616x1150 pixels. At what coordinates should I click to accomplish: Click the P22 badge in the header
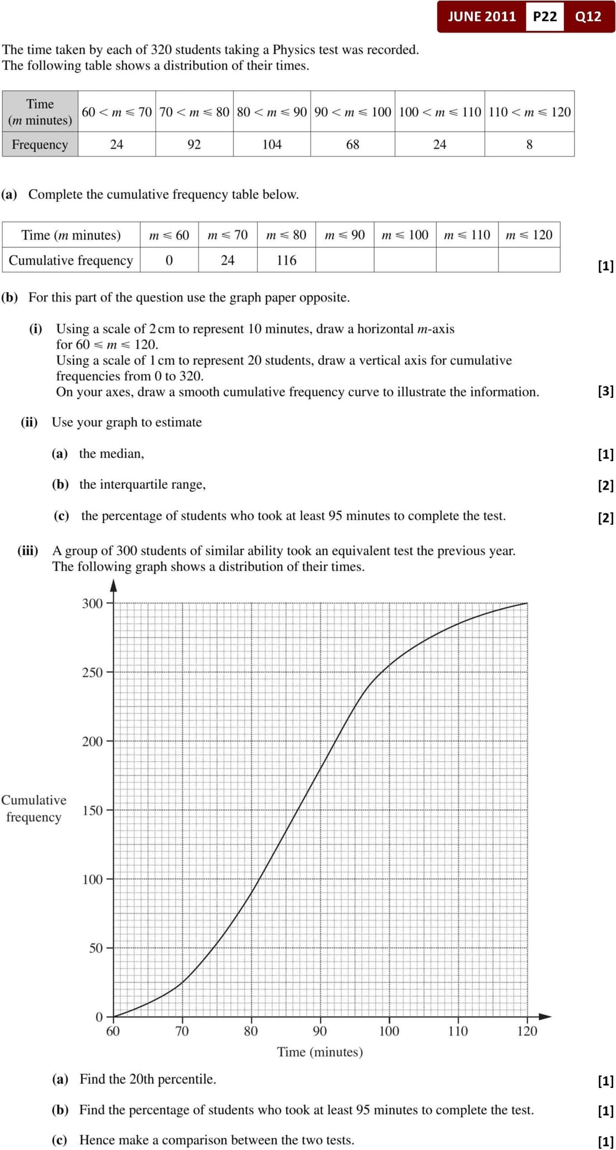coord(544,16)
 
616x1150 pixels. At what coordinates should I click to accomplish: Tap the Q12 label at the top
coord(588,16)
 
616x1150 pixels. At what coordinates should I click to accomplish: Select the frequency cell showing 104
coord(272,144)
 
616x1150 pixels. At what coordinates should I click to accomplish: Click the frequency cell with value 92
coord(194,144)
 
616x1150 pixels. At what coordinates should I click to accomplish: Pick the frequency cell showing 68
coord(352,144)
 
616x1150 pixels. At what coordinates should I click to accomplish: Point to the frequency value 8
coord(529,144)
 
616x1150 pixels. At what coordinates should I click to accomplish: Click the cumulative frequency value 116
coord(286,260)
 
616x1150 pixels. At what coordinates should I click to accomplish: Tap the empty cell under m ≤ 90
coord(344,260)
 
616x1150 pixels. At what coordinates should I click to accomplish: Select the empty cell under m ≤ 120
coord(529,260)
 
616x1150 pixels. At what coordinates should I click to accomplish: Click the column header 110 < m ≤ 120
coord(529,112)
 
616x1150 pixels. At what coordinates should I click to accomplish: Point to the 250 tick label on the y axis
coord(92,673)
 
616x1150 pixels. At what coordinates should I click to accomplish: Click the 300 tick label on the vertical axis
coord(92,603)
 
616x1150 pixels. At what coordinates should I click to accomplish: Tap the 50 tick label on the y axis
coord(96,949)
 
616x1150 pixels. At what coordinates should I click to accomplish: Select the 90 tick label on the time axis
coord(320,1031)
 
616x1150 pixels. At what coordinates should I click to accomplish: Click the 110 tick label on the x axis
coord(458,1031)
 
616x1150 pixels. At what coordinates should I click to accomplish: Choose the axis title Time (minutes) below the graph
coord(320,1052)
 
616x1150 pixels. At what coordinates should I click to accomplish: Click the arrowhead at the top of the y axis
coord(113,585)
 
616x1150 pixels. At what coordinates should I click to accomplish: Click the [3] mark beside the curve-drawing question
coord(605,391)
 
